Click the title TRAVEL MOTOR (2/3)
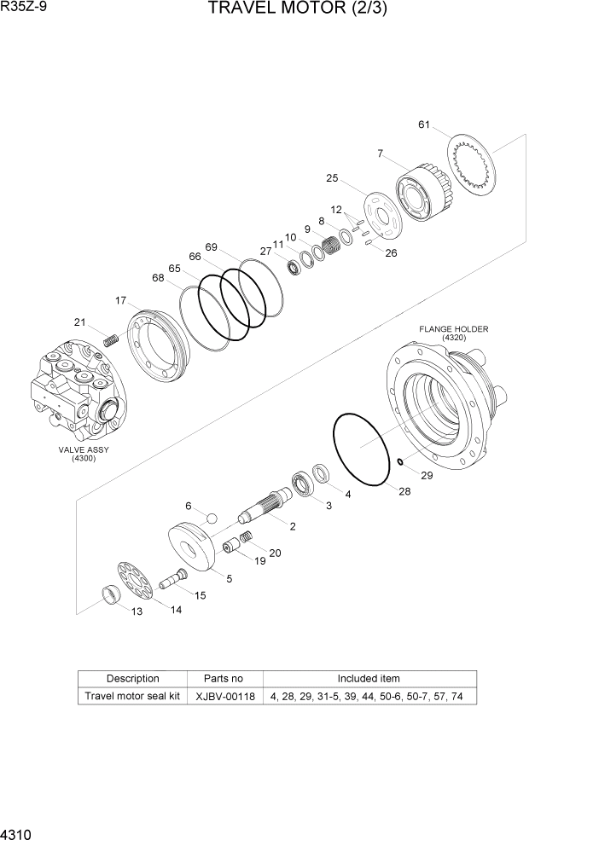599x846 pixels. (x=290, y=11)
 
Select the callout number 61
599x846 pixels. (x=423, y=125)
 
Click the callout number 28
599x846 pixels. (x=404, y=491)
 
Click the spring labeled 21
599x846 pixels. (x=109, y=339)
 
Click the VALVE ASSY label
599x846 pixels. (x=83, y=453)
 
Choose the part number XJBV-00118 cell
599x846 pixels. (x=224, y=696)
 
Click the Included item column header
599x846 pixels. (x=369, y=679)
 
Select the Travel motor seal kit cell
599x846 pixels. (x=132, y=696)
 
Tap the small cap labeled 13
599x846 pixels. (x=112, y=594)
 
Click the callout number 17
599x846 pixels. (x=121, y=300)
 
